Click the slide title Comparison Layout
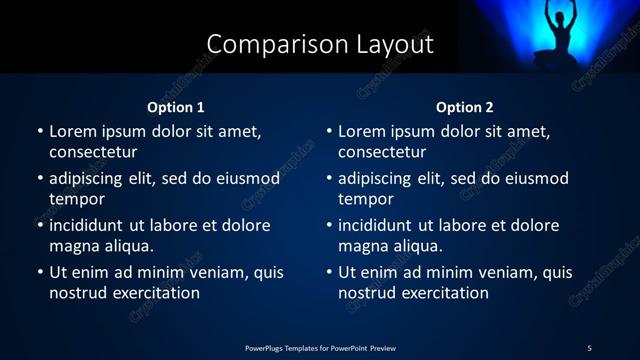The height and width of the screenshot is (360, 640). pyautogui.click(x=320, y=45)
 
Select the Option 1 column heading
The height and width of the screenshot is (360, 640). pyautogui.click(x=176, y=107)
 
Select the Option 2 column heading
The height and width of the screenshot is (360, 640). pyautogui.click(x=465, y=107)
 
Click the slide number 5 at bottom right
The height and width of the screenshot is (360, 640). pyautogui.click(x=589, y=347)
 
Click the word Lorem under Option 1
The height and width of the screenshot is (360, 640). pyautogui.click(x=72, y=131)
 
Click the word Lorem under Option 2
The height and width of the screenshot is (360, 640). pyautogui.click(x=361, y=131)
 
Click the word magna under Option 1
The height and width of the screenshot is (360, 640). pyautogui.click(x=74, y=246)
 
